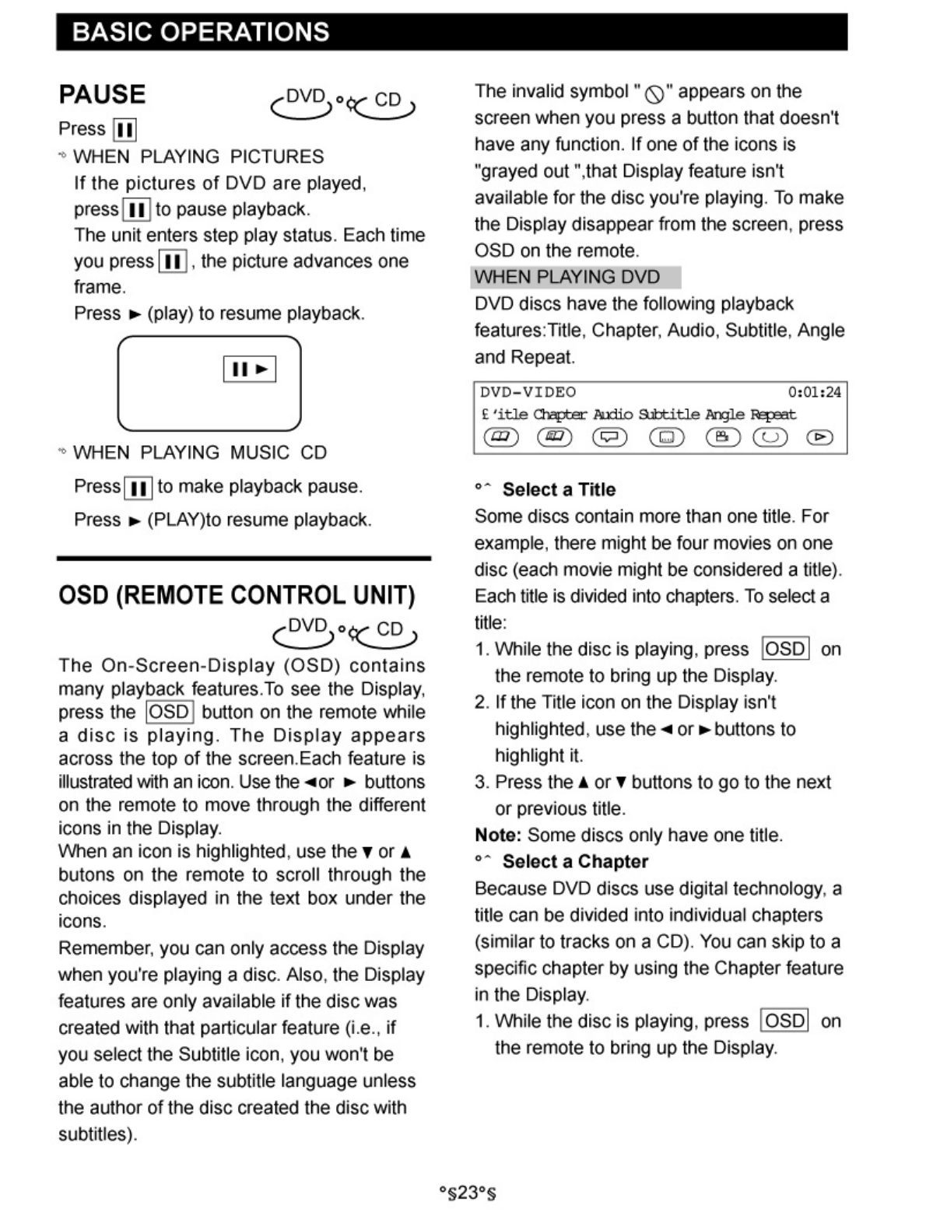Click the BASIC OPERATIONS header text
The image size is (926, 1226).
[200, 32]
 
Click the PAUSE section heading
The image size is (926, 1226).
[102, 95]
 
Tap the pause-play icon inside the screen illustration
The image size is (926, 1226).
[250, 369]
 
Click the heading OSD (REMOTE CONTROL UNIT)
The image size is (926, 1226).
[237, 595]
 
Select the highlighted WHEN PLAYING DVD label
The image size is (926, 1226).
[567, 277]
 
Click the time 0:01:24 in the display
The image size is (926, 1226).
[814, 392]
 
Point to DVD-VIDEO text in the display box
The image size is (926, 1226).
[528, 392]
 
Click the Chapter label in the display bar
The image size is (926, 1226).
[559, 415]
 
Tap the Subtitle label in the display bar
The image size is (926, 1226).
[668, 415]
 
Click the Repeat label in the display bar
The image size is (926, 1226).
[773, 415]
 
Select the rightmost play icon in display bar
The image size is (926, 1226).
[819, 437]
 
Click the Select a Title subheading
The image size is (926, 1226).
[559, 489]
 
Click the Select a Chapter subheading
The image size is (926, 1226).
[575, 861]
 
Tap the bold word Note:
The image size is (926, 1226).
[498, 835]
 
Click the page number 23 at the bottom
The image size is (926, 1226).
[467, 1193]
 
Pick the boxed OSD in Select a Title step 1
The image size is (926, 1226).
[785, 649]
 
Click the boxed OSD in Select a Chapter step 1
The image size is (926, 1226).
[785, 1021]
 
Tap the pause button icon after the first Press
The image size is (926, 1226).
[125, 129]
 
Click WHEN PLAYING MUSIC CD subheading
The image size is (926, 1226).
[200, 452]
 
